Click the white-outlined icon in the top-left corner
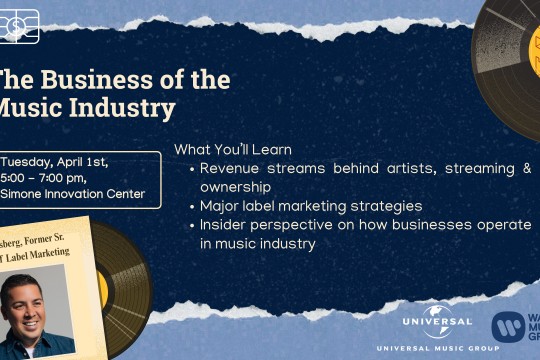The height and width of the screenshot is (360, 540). [x=19, y=26]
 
